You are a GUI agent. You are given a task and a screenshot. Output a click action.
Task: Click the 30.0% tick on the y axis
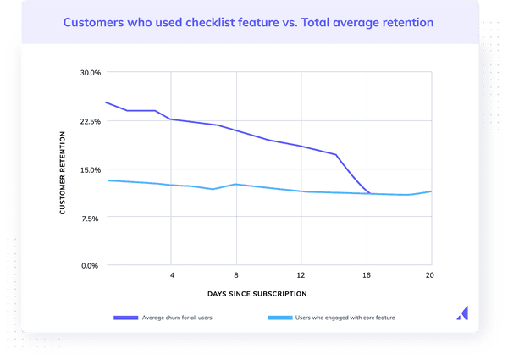(90, 73)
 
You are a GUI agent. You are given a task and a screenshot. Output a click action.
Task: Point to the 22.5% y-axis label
(90, 121)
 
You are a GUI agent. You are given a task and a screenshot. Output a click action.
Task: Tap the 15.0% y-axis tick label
(90, 169)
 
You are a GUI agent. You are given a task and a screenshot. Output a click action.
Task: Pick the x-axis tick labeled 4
(172, 276)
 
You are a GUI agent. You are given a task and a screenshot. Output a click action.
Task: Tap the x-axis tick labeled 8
(236, 276)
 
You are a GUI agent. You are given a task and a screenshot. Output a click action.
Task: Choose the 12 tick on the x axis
(301, 276)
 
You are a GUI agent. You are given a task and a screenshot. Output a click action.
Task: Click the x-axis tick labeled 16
(367, 276)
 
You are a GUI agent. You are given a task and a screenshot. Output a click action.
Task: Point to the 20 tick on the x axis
(429, 276)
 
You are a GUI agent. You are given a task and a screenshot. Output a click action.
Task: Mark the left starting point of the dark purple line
(106, 102)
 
